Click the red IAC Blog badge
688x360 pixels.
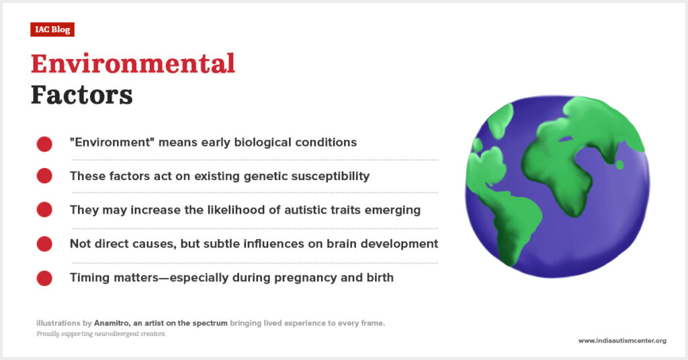(x=52, y=30)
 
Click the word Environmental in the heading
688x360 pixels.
(x=133, y=64)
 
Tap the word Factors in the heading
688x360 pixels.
(x=81, y=95)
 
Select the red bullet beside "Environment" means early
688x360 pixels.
(x=44, y=144)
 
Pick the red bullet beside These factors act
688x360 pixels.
(x=44, y=176)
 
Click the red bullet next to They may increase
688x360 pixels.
(x=44, y=210)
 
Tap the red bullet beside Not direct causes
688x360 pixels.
(x=44, y=244)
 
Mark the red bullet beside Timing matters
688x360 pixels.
(x=44, y=278)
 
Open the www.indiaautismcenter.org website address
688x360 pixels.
(x=622, y=341)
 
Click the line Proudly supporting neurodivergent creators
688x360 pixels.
(x=101, y=334)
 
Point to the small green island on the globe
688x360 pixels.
(x=619, y=165)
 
